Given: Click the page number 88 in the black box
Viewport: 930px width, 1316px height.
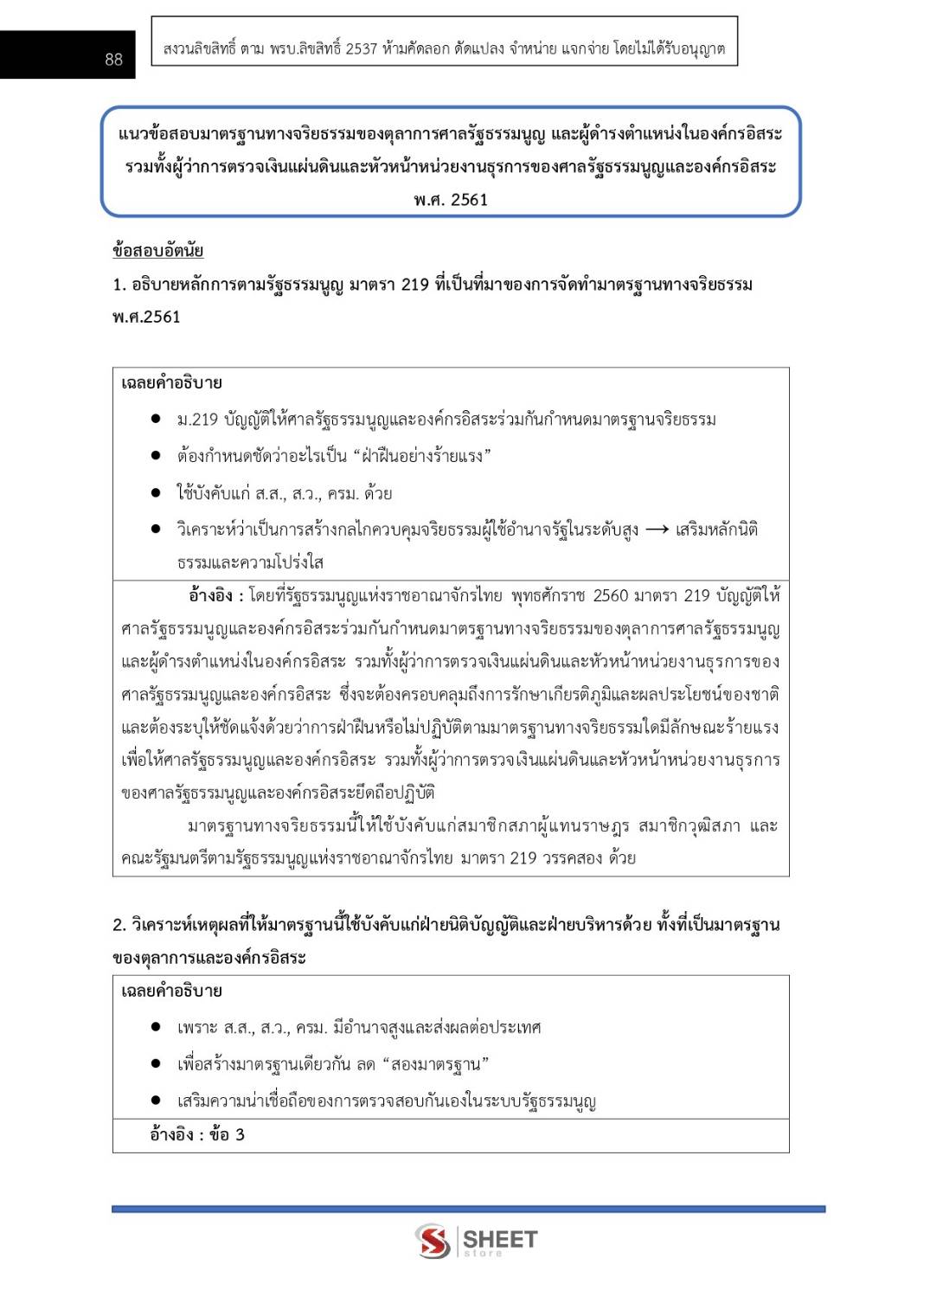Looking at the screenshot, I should pyautogui.click(x=113, y=59).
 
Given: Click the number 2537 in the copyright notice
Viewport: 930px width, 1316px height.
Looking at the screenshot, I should pyautogui.click(x=361, y=48).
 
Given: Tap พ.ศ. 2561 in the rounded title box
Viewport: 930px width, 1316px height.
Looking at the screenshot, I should pyautogui.click(x=451, y=200).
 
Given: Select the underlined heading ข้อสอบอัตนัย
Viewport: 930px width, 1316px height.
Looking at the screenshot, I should pyautogui.click(x=157, y=251).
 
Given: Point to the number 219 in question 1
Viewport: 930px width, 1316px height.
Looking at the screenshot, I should pyautogui.click(x=414, y=285).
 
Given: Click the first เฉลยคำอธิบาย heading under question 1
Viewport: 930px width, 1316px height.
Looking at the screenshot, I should pyautogui.click(x=171, y=383).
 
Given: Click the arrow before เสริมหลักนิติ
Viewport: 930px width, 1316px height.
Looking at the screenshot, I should pyautogui.click(x=657, y=530).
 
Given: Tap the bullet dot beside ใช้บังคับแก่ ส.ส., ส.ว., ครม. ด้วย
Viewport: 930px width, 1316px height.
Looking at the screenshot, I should pyautogui.click(x=156, y=493).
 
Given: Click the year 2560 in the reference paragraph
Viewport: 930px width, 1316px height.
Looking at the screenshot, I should pyautogui.click(x=610, y=595).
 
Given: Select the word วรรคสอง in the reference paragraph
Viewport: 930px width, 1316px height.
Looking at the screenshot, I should pyautogui.click(x=571, y=858).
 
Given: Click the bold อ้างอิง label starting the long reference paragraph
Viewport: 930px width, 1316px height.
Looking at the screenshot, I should pyautogui.click(x=210, y=595).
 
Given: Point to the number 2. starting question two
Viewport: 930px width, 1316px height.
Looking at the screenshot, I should pyautogui.click(x=119, y=925).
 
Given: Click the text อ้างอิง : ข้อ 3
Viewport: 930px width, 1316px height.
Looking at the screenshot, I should pyautogui.click(x=197, y=1134).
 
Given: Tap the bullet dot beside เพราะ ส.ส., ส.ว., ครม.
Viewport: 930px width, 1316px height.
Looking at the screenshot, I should pyautogui.click(x=156, y=1027).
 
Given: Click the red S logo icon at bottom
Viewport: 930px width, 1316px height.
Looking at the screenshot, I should pyautogui.click(x=431, y=1241).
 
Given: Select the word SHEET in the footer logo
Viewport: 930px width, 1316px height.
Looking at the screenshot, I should pyautogui.click(x=500, y=1238).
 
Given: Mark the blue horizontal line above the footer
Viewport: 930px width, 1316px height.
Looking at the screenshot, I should pyautogui.click(x=468, y=1209).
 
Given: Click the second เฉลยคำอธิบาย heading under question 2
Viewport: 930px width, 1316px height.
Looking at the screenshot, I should pyautogui.click(x=171, y=991).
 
